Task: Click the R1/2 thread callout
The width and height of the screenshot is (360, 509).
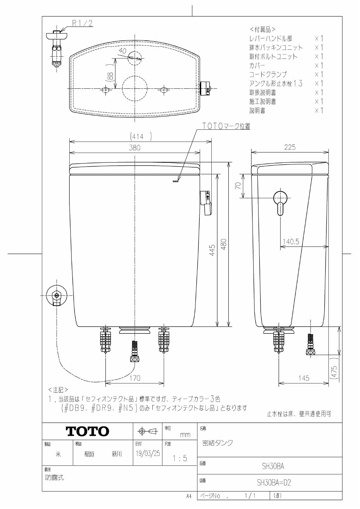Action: point(82,23)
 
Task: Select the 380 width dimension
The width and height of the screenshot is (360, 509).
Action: point(134,148)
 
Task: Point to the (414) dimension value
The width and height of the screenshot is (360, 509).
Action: point(141,136)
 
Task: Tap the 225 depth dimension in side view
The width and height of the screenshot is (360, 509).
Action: point(290,147)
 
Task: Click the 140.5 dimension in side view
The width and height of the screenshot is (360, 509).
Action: point(291,241)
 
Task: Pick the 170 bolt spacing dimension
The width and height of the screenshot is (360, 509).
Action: point(135,378)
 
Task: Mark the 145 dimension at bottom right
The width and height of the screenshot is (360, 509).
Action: point(304,378)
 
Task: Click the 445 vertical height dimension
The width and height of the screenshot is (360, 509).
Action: point(212,250)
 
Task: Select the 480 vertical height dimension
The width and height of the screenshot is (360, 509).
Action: point(224,244)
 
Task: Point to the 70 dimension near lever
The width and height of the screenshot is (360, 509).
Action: point(238,186)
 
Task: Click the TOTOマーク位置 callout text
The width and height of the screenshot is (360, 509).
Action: point(226,126)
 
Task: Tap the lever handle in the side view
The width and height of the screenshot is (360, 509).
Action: point(280,202)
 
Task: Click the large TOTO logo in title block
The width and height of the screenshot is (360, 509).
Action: point(87,432)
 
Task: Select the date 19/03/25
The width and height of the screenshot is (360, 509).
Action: point(148,453)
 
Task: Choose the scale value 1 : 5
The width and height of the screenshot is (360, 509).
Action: point(180,459)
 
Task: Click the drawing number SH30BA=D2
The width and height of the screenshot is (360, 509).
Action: point(273,483)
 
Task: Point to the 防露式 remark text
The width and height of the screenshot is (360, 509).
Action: point(55,477)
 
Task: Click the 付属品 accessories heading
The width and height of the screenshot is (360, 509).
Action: point(262,29)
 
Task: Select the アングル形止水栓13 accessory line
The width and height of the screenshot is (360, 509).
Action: point(276,84)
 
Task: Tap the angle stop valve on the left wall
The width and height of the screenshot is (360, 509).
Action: point(57,296)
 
